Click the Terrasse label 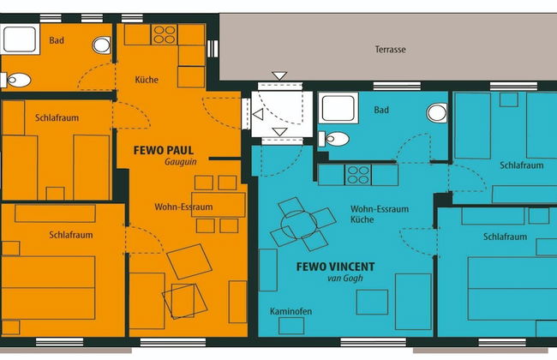[391, 50]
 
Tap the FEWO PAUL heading [164, 150]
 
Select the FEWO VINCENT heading [335, 267]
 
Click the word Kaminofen [291, 311]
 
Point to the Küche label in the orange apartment [147, 80]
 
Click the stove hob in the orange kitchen [165, 34]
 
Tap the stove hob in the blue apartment [358, 175]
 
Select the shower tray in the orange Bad [20, 39]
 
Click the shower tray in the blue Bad [338, 108]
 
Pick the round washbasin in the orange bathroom [102, 45]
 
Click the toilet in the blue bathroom [333, 139]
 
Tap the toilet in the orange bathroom [15, 80]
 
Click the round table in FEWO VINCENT [299, 225]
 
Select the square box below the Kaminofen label [291, 326]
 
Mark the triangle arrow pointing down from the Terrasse [279, 75]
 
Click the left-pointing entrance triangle [258, 115]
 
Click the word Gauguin [181, 162]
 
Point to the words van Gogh [345, 278]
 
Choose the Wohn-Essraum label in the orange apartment [183, 207]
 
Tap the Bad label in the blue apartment [381, 111]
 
